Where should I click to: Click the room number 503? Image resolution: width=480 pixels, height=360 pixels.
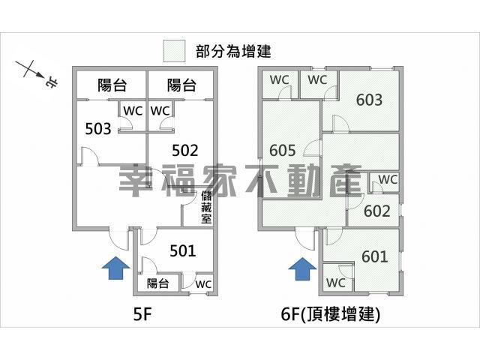[x=98, y=128]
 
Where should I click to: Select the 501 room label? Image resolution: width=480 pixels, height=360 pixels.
[x=182, y=250]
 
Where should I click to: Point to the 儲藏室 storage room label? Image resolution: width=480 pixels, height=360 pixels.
[x=206, y=208]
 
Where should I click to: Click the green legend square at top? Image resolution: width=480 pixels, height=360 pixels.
[x=174, y=51]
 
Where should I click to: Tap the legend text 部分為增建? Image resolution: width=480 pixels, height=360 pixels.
[x=232, y=51]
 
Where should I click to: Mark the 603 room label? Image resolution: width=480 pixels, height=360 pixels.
[x=369, y=100]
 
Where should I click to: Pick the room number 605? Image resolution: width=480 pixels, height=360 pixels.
[x=282, y=149]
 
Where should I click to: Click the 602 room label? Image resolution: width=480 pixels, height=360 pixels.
[x=377, y=211]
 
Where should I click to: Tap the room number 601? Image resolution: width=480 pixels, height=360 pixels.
[x=375, y=257]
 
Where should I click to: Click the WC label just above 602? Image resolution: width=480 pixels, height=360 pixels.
[x=388, y=180]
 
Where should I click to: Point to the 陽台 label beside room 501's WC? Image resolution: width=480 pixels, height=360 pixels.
[x=157, y=283]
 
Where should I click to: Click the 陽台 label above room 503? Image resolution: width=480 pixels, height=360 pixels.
[x=111, y=85]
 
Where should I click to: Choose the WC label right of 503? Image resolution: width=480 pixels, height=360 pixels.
[x=133, y=110]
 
